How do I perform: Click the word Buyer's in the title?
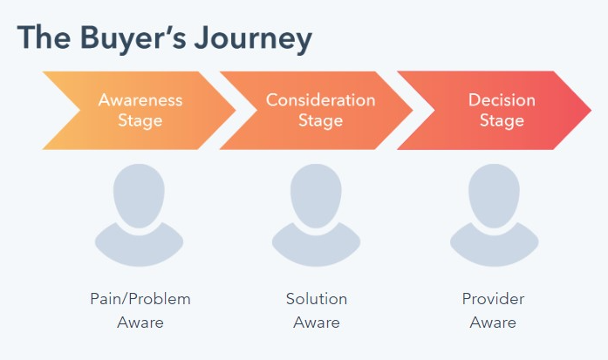point(133,37)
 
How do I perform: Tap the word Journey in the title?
point(253,38)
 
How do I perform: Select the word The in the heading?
point(44,37)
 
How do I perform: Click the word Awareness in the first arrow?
point(140,100)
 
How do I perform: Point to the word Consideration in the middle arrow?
point(321,100)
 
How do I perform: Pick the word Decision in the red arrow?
point(502,100)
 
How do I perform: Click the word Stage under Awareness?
point(140,120)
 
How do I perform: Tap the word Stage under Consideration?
point(321,120)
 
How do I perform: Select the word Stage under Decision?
point(502,120)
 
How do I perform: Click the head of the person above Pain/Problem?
point(139,195)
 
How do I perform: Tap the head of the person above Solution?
point(316,195)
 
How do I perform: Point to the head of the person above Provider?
point(494,195)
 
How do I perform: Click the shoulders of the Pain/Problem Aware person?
point(139,248)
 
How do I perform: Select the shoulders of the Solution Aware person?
point(316,248)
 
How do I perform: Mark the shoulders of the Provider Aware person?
point(494,248)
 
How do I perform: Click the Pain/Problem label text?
point(140,299)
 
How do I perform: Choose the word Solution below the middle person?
point(317,299)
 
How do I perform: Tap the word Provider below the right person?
point(493,299)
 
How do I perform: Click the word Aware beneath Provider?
point(493,323)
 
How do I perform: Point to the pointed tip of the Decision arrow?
point(591,111)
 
